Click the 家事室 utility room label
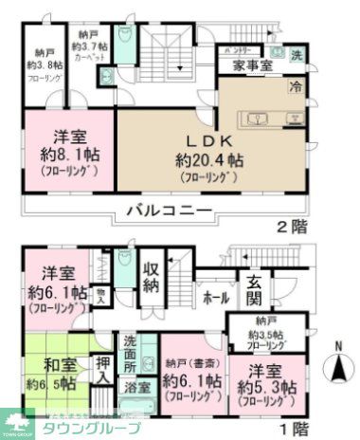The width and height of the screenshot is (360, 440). coord(254,66)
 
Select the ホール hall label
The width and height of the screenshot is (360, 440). coord(213,298)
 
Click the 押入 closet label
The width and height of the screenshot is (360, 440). coord(104,370)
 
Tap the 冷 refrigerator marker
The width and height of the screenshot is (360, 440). coord(295,87)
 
